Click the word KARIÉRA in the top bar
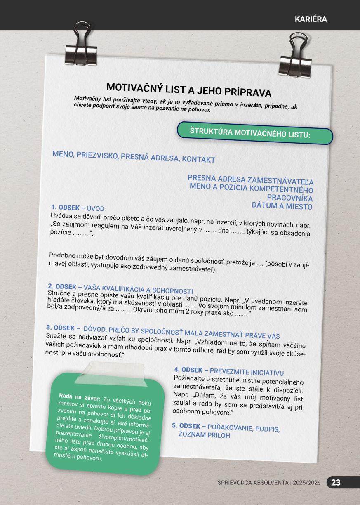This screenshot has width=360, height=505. pos(311,19)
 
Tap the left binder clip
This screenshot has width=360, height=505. pos(81,45)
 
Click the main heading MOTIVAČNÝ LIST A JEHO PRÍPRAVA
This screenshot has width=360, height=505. pos(188,90)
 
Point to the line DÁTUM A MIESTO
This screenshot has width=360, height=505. pos(282,206)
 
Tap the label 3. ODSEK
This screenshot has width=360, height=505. pos(63,328)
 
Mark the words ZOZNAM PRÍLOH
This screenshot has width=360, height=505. pos(204,435)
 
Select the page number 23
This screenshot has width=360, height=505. pos(336,482)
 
